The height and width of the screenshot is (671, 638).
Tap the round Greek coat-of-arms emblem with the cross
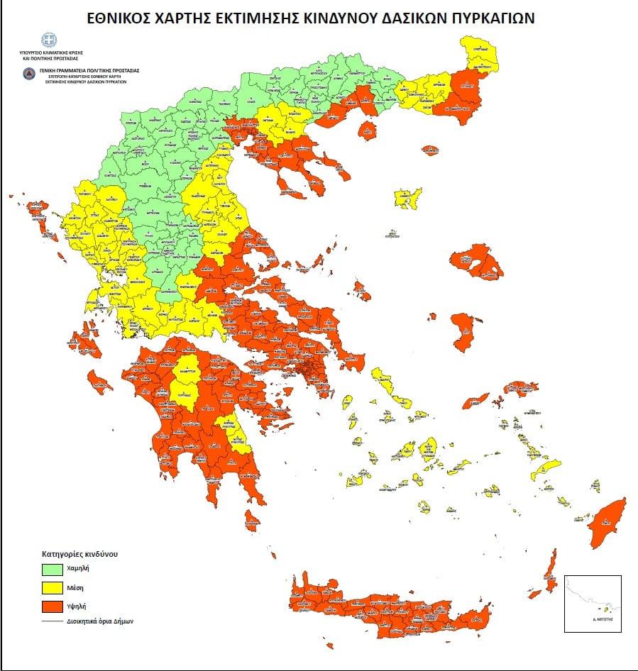(x=48, y=40)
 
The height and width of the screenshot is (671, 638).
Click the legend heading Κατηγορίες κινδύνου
(x=79, y=552)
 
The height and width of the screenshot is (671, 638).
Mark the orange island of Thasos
(x=368, y=130)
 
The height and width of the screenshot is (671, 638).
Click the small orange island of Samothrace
(x=430, y=150)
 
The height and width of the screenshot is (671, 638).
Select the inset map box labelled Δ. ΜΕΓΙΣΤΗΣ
(x=592, y=603)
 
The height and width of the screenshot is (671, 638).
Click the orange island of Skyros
(x=361, y=290)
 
